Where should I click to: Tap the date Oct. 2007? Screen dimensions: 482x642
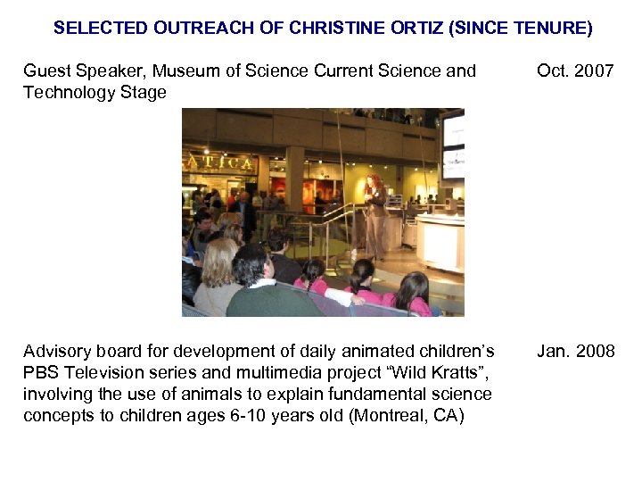click(575, 71)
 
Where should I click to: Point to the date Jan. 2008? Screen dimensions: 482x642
click(575, 351)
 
